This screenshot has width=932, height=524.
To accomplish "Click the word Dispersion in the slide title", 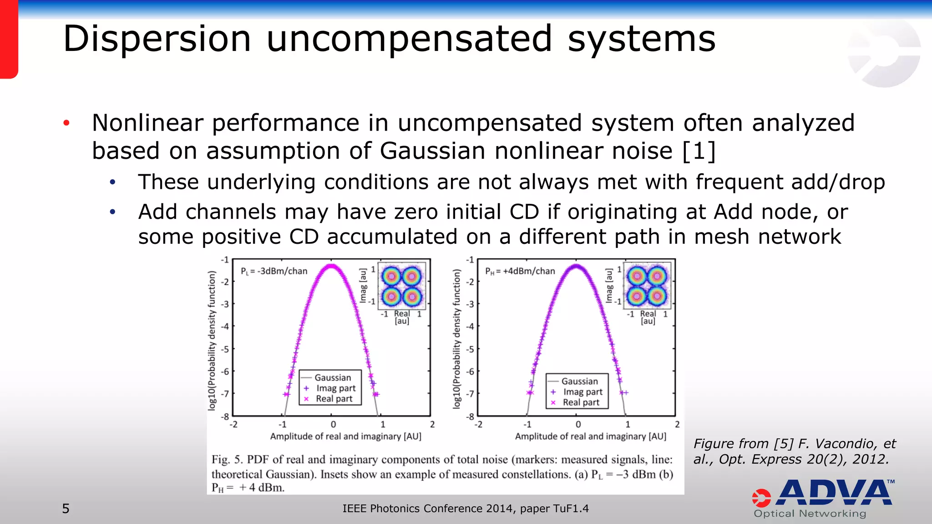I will pyautogui.click(x=157, y=40).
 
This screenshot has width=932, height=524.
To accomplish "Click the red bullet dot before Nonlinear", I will pyautogui.click(x=66, y=123).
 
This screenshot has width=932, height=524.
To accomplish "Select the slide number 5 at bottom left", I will pyautogui.click(x=66, y=509).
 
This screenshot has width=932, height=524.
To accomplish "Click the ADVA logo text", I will pyautogui.click(x=835, y=493).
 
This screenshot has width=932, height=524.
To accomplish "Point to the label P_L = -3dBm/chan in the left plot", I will pyautogui.click(x=274, y=271).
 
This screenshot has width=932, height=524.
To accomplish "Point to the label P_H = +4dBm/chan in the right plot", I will pyautogui.click(x=520, y=271).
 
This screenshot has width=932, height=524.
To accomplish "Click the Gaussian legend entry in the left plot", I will pyautogui.click(x=333, y=378).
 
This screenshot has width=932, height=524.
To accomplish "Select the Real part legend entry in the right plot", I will pyautogui.click(x=581, y=402).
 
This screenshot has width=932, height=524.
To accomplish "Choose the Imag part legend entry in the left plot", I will pyautogui.click(x=336, y=388).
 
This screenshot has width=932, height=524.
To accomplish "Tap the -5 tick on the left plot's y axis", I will pyautogui.click(x=225, y=349).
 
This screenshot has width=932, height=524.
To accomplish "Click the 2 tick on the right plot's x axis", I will pyautogui.click(x=677, y=424).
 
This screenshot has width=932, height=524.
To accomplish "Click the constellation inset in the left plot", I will pyautogui.click(x=402, y=286).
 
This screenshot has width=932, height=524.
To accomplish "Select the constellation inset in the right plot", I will pyautogui.click(x=647, y=286).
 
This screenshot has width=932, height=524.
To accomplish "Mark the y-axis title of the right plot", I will pyautogui.click(x=456, y=339).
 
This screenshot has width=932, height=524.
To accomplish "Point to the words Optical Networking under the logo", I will pyautogui.click(x=810, y=514).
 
